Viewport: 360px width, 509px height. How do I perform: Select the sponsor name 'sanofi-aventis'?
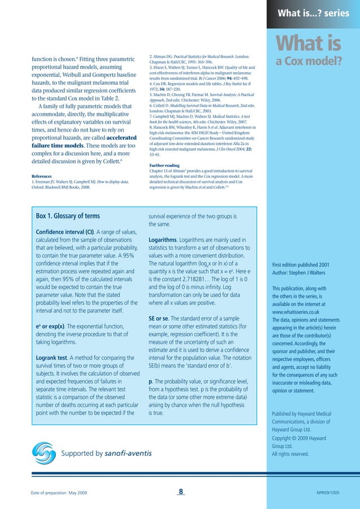[129, 453]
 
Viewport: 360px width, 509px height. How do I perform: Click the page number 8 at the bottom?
[180, 492]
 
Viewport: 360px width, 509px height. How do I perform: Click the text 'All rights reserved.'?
[290, 454]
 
